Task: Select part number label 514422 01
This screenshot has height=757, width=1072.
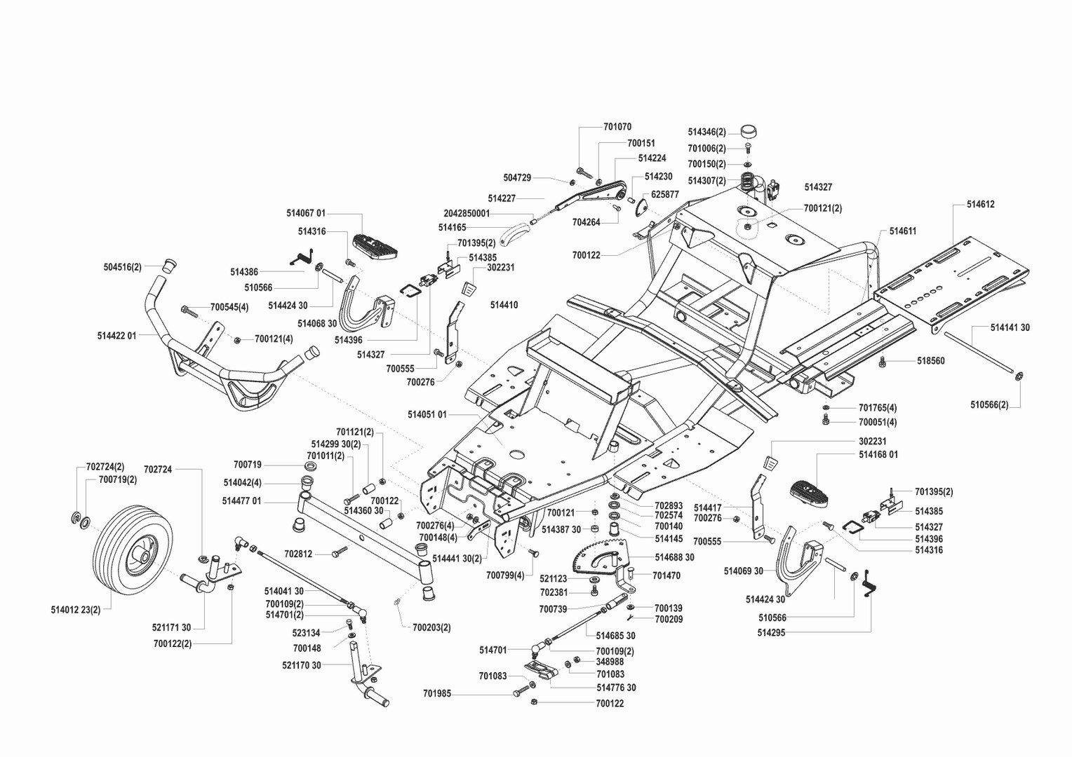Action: pos(116,336)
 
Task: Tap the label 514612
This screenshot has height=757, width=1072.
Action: pos(980,205)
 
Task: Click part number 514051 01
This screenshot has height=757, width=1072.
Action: pos(427,414)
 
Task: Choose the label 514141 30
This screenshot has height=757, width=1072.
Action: pos(1010,327)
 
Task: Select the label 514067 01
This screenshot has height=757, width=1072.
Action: pos(306,212)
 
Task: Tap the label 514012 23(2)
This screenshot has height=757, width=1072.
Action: pos(76,609)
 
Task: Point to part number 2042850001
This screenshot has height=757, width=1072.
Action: pos(467,213)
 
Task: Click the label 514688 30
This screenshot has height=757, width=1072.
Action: pos(674,557)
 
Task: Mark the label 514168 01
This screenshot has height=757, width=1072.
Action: pos(878,454)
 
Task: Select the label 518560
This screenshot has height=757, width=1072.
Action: pos(930,361)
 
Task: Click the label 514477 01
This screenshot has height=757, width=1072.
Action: pos(241,500)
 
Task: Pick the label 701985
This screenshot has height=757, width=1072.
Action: pos(437,694)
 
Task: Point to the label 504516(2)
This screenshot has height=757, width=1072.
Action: pos(122,267)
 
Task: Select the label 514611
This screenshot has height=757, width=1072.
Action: pos(902,231)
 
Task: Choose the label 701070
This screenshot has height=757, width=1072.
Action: pos(617,127)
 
